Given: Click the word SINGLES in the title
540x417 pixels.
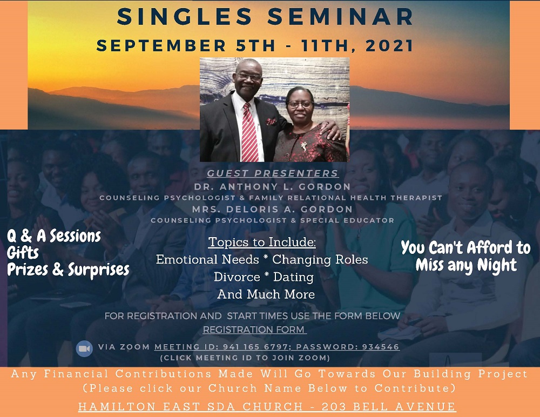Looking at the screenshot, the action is click(x=185, y=17).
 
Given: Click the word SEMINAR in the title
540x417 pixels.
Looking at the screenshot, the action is click(x=341, y=17).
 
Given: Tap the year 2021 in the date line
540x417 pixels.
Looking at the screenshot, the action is click(x=389, y=45).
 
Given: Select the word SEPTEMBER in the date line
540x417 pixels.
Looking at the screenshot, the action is click(x=161, y=45).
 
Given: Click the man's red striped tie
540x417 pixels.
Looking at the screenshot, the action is click(x=249, y=132).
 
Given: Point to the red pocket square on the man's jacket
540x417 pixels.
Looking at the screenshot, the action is click(x=272, y=122).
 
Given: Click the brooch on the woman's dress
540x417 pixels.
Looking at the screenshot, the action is click(x=303, y=146).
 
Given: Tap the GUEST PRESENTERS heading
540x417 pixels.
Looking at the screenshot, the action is click(x=273, y=173).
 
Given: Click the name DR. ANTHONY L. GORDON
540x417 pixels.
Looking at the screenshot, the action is click(x=272, y=187).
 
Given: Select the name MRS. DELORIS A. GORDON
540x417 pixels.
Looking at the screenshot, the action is click(x=272, y=209).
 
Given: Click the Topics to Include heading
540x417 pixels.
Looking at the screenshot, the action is click(x=262, y=242).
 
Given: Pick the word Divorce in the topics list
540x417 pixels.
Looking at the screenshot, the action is click(x=237, y=277).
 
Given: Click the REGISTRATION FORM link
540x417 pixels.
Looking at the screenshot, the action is click(x=254, y=330).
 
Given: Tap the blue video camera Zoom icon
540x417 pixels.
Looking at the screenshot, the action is click(x=84, y=349).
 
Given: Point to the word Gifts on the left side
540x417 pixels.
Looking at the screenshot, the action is click(x=23, y=253).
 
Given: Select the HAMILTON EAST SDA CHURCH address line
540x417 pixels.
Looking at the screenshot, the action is click(x=267, y=407).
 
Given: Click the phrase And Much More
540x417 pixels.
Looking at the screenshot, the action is click(x=266, y=294).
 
